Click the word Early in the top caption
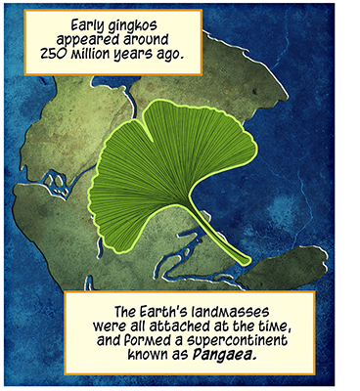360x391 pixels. click(89, 27)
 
